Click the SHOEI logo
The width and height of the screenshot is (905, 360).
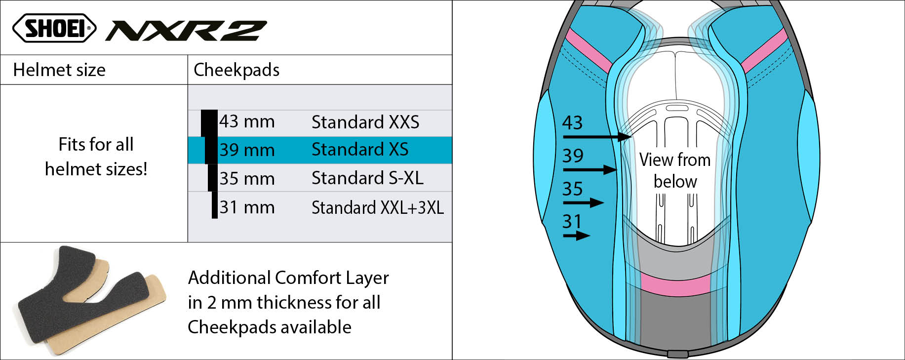pyautogui.click(x=54, y=28)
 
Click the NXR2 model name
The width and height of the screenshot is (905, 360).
pyautogui.click(x=186, y=31)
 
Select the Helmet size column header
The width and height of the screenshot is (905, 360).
pyautogui.click(x=59, y=70)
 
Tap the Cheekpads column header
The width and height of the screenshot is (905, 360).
pyautogui.click(x=236, y=70)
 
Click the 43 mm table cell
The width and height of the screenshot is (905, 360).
pyautogui.click(x=247, y=121)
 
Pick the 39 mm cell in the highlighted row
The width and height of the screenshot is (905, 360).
pyautogui.click(x=247, y=150)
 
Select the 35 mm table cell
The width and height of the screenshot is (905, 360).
pyautogui.click(x=247, y=178)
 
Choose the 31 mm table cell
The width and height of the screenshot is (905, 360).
pyautogui.click(x=247, y=207)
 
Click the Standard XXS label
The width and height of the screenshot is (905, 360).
pyautogui.click(x=365, y=122)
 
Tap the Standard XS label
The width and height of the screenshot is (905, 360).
pyautogui.click(x=360, y=149)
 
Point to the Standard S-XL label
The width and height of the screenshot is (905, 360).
pyautogui.click(x=367, y=178)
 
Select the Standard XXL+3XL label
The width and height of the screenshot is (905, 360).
pyautogui.click(x=378, y=207)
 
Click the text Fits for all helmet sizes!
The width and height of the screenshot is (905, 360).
pyautogui.click(x=96, y=157)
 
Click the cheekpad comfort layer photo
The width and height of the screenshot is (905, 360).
pyautogui.click(x=92, y=301)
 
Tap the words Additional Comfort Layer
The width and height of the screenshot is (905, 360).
pyautogui.click(x=288, y=278)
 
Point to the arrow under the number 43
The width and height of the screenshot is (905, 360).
pyautogui.click(x=597, y=136)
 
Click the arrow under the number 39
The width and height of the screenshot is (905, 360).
pyautogui.click(x=590, y=170)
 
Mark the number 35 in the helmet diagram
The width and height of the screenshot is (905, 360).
pyautogui.click(x=573, y=189)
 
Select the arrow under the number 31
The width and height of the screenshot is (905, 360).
pyautogui.click(x=577, y=236)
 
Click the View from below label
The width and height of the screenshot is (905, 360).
pyautogui.click(x=675, y=170)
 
